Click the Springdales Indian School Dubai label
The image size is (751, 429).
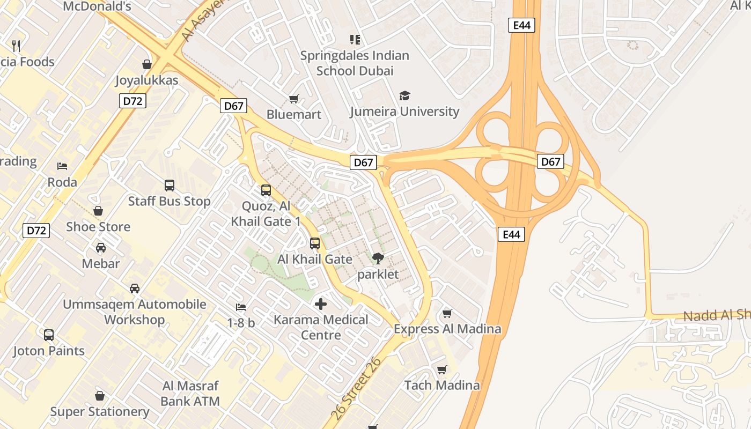(355, 63)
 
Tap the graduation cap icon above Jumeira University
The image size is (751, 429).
(404, 95)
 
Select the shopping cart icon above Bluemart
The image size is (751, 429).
(293, 99)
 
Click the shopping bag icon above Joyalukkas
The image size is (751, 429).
(146, 64)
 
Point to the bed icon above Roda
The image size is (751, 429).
(62, 166)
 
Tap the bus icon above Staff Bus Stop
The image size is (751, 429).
(170, 186)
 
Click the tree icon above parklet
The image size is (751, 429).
(378, 258)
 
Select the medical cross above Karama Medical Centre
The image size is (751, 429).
(321, 304)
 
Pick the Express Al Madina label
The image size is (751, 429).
(447, 329)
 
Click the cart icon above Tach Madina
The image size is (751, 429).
(441, 369)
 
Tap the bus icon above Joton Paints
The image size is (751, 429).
(49, 335)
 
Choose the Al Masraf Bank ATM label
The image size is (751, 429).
(190, 393)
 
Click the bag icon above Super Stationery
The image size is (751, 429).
(99, 396)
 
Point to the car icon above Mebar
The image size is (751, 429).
(100, 248)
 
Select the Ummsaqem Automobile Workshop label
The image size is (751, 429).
(135, 312)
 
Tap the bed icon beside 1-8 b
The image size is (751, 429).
(241, 307)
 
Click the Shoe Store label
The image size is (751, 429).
(98, 226)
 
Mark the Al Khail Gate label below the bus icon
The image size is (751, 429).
(315, 259)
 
